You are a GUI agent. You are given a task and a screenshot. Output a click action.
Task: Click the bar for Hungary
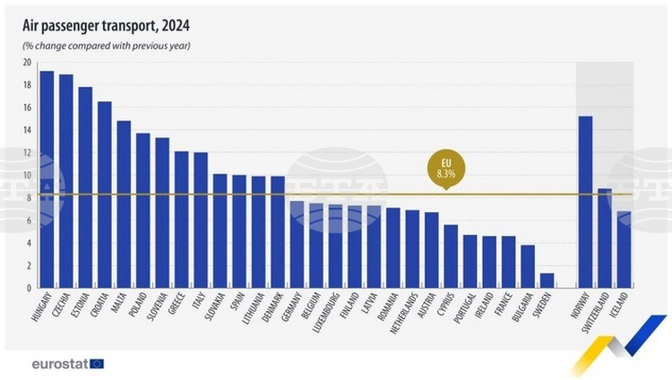47,179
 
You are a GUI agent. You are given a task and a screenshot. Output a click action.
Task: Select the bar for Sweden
547,281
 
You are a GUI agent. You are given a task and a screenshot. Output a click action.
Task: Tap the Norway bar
585,202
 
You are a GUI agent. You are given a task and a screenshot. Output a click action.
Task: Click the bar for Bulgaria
528,266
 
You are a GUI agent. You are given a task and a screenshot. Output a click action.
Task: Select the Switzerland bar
605,238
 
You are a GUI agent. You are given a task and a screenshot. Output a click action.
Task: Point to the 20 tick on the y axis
27,63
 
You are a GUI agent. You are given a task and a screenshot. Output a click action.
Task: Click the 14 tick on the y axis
27,130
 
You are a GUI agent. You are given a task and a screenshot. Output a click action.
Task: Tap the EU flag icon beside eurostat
97,363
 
